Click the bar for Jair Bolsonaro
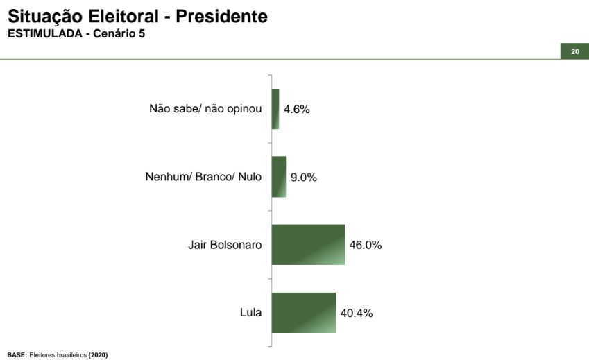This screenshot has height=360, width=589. click(x=308, y=245)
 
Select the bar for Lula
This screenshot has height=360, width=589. click(x=303, y=313)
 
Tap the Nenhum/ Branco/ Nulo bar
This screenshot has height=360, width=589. click(x=278, y=177)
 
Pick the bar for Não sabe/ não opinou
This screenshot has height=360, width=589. click(x=275, y=109)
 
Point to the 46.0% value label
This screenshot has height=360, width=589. click(x=366, y=245)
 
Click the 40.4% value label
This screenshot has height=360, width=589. click(x=357, y=313)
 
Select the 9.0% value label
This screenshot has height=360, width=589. click(x=304, y=178)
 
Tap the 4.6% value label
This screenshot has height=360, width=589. click(x=296, y=110)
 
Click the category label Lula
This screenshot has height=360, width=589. click(x=250, y=313)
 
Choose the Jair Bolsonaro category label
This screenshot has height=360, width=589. click(x=225, y=245)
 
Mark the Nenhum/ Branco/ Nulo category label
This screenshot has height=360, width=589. click(x=203, y=177)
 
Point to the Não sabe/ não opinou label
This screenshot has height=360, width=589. click(x=205, y=109)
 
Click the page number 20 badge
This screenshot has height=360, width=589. click(x=574, y=52)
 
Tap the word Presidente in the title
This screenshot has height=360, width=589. click(x=221, y=16)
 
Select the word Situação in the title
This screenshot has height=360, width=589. click(x=43, y=16)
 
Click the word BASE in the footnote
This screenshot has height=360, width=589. click(x=16, y=355)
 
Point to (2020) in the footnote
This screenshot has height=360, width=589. click(x=98, y=355)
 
